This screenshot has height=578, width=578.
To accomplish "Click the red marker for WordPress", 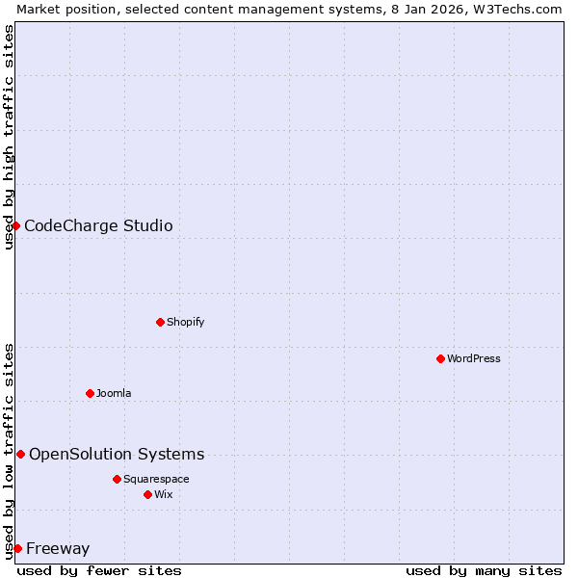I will tap(440, 358).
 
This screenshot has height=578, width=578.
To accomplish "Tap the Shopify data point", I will tap(160, 322).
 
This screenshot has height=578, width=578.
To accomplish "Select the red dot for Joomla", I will tap(90, 393).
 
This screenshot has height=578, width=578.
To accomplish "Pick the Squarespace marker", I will tap(117, 479).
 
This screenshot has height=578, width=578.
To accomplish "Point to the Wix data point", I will tap(147, 494).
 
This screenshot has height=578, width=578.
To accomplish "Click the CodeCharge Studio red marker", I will tap(16, 225).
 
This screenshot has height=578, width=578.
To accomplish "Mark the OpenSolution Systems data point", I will tap(20, 454).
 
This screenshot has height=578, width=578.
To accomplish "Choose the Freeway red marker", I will tap(17, 548).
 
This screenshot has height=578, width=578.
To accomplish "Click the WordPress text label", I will tap(474, 358).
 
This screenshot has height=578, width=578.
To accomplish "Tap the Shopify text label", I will tap(185, 322).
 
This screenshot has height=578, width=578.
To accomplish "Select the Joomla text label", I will tap(114, 393).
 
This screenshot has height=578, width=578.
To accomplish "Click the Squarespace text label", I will tap(156, 479).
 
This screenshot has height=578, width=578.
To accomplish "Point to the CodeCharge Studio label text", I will tap(98, 226).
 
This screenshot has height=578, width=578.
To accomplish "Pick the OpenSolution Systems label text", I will tap(117, 455).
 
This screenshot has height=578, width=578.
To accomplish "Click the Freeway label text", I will tap(58, 549).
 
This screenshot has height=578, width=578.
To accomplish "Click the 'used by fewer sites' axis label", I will tap(99, 570).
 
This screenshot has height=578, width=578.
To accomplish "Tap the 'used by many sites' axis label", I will tap(484, 570).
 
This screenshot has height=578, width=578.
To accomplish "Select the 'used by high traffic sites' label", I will tap(9, 137).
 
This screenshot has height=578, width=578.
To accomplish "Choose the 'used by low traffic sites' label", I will tap(9, 450).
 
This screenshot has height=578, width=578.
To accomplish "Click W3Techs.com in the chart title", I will tap(516, 9).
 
